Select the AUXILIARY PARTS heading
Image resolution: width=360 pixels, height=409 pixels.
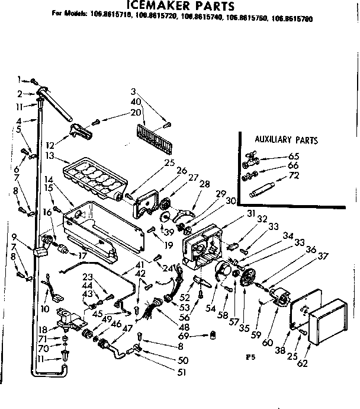pyautogui.click(x=286, y=140)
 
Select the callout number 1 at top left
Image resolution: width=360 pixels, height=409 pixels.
pyautogui.click(x=19, y=78)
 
